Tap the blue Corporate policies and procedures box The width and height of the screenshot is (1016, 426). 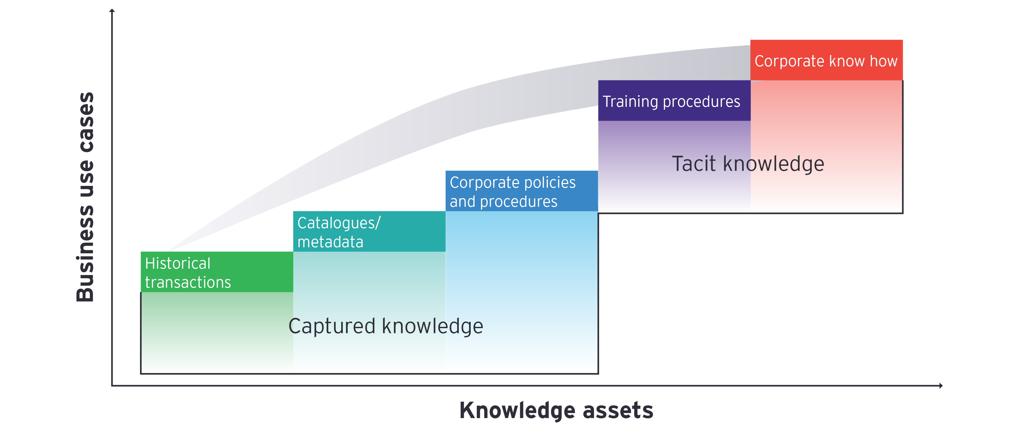pyautogui.click(x=521, y=191)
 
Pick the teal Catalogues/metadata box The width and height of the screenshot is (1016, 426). pyautogui.click(x=369, y=232)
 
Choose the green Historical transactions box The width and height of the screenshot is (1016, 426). pyautogui.click(x=216, y=272)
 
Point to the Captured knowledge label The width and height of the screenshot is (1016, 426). pyautogui.click(x=386, y=326)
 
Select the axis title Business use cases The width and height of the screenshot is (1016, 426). pyautogui.click(x=85, y=197)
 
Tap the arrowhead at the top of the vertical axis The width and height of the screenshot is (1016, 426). pyautogui.click(x=112, y=11)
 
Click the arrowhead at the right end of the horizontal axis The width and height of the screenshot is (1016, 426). pyautogui.click(x=941, y=386)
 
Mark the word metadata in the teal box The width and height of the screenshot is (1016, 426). pyautogui.click(x=330, y=242)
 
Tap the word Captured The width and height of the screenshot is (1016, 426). pyautogui.click(x=332, y=326)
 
